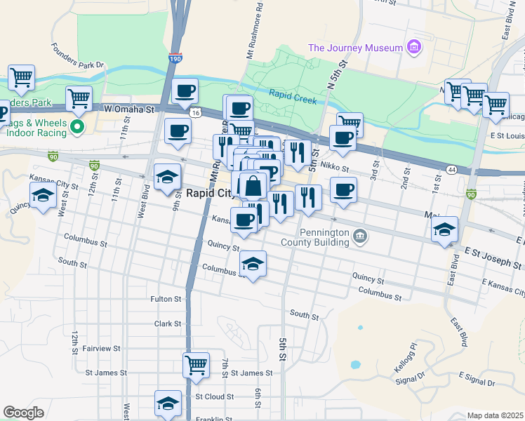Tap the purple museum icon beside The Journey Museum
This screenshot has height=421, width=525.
point(414,48)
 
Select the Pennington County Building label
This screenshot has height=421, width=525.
point(324,238)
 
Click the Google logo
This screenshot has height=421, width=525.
point(22,413)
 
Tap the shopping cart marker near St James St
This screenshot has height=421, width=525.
point(196,364)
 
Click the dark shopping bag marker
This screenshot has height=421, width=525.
point(253,187)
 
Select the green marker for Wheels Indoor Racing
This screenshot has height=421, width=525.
point(78,127)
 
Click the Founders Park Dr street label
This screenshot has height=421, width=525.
point(77,57)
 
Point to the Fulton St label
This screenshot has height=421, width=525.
point(166,299)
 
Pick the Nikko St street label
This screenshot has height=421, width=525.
point(334,166)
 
